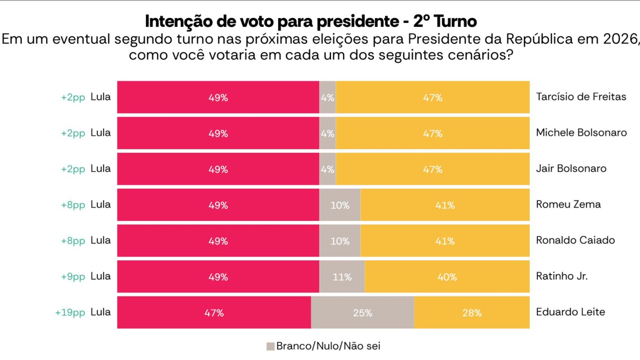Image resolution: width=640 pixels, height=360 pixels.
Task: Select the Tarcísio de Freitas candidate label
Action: click(x=581, y=97)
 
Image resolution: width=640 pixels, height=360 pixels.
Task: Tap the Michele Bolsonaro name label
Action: click(x=581, y=133)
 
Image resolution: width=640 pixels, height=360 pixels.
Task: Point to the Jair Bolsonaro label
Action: click(x=571, y=169)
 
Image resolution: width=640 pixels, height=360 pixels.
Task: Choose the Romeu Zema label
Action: click(x=568, y=204)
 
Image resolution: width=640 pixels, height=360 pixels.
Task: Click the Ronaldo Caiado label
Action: click(x=575, y=240)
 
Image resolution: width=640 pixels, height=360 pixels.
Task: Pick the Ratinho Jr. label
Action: click(x=562, y=276)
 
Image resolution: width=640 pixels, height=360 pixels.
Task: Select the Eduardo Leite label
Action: click(x=570, y=312)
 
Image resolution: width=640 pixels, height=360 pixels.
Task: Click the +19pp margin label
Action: click(x=70, y=312)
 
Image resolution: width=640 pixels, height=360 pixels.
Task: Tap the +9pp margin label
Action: click(x=72, y=276)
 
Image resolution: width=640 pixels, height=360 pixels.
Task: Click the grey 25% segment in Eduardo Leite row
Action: click(x=362, y=312)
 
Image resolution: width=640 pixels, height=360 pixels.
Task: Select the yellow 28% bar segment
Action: click(x=472, y=312)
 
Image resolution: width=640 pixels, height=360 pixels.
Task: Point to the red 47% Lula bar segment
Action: click(x=214, y=312)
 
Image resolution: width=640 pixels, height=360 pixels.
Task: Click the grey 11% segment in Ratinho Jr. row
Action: click(x=342, y=276)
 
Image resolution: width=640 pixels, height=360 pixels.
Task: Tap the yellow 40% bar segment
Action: click(x=447, y=276)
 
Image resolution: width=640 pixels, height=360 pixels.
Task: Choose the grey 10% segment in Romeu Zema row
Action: click(x=340, y=205)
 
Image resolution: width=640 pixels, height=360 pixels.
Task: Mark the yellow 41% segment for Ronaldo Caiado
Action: click(x=445, y=240)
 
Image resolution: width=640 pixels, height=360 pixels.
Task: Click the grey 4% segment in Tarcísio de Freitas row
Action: click(x=327, y=97)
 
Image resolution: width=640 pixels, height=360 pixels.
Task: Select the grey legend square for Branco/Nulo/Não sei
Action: click(x=270, y=346)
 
